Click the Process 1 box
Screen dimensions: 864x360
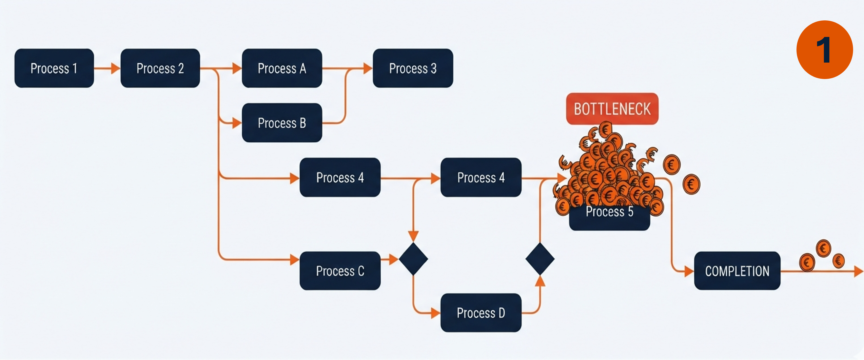click(x=54, y=68)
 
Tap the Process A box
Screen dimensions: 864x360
click(x=282, y=68)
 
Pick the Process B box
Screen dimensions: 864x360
click(x=282, y=123)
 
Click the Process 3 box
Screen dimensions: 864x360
click(x=413, y=68)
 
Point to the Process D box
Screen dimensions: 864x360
click(x=481, y=313)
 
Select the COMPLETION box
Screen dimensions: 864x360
click(x=737, y=271)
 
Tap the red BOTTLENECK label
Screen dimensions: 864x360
click(x=612, y=109)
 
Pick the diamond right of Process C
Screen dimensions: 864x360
click(x=413, y=259)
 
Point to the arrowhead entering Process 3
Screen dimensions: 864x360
click(x=368, y=68)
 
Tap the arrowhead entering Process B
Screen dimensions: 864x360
click(x=237, y=123)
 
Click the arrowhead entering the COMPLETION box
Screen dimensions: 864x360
click(x=689, y=271)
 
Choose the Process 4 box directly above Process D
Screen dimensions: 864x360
click(x=481, y=177)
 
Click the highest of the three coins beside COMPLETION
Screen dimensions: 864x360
click(x=823, y=248)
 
